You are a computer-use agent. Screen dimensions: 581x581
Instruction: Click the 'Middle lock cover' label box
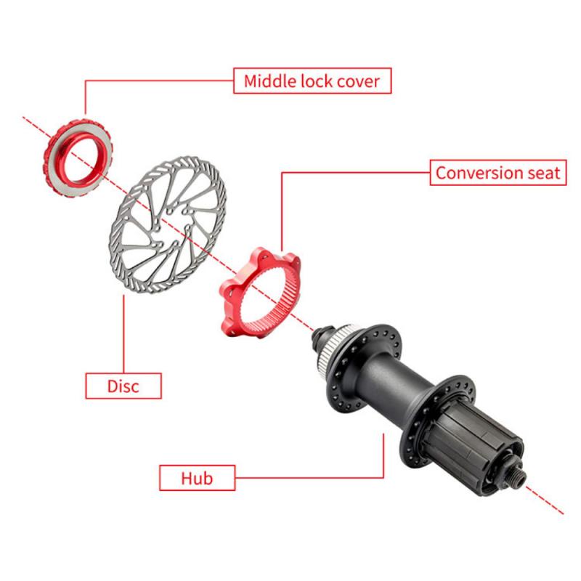click(312, 81)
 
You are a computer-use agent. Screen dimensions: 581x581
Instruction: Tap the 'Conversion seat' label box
click(497, 173)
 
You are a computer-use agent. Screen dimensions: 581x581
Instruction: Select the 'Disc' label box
click(123, 385)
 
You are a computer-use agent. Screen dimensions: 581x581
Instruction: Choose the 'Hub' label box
click(197, 478)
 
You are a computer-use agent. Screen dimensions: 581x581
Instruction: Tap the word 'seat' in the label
click(542, 173)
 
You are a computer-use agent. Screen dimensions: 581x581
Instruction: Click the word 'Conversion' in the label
click(476, 173)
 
